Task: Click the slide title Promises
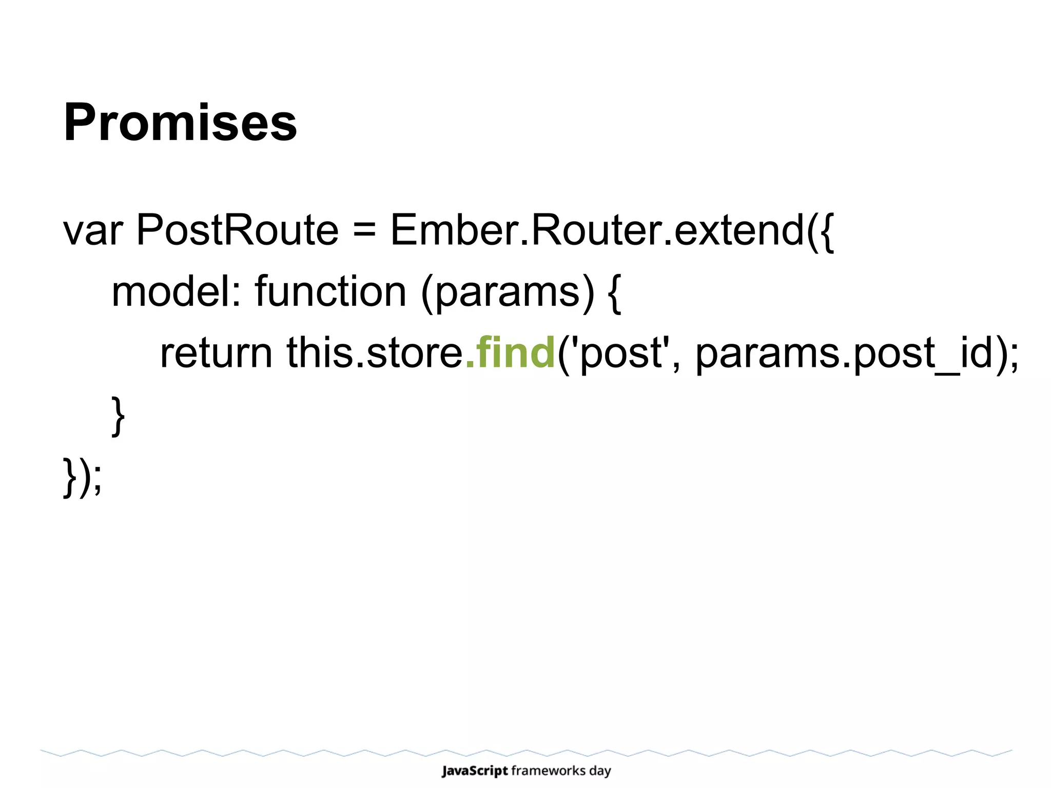click(x=180, y=123)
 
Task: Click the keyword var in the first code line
click(x=92, y=231)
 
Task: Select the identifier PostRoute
click(x=237, y=230)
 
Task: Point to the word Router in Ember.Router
click(x=595, y=230)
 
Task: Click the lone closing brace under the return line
click(x=118, y=416)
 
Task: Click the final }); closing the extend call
click(x=82, y=477)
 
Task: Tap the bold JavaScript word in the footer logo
click(x=475, y=771)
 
